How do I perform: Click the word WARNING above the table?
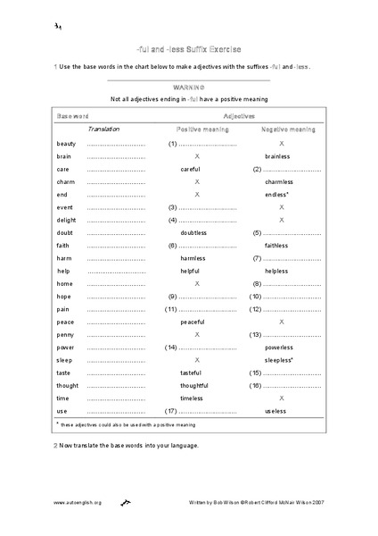pos(189,88)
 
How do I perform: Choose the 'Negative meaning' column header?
pos(288,130)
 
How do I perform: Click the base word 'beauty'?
pos(65,143)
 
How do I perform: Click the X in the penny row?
pos(196,334)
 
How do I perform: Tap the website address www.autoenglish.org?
pos(78,502)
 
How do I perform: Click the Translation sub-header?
pos(104,130)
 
